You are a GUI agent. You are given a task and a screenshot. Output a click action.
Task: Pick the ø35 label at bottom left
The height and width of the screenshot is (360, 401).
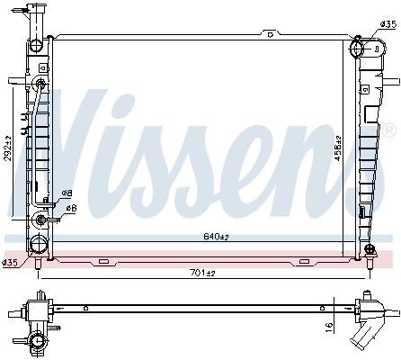point(10,263)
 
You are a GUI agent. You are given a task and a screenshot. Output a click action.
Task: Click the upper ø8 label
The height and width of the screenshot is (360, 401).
point(66,193)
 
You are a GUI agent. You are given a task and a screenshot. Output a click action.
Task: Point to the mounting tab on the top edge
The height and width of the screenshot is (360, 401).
point(269,35)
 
